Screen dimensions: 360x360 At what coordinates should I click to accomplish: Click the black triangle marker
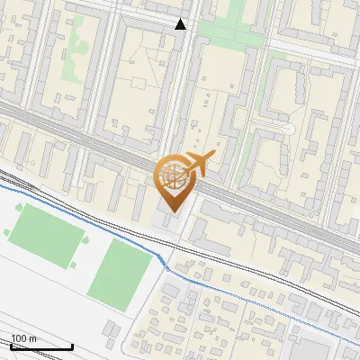(181, 24)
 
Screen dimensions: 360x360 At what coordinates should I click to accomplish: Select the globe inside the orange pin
(171, 176)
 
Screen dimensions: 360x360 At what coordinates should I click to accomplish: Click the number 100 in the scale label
(19, 338)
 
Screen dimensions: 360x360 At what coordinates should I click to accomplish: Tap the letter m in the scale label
(32, 338)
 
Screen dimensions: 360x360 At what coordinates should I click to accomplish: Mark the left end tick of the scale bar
(11, 346)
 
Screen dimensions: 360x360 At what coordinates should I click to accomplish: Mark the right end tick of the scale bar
(72, 346)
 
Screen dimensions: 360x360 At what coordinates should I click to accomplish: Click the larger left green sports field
(47, 235)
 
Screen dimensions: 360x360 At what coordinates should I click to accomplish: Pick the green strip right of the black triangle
(225, 29)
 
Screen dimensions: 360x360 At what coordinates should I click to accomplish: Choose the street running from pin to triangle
(179, 99)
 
